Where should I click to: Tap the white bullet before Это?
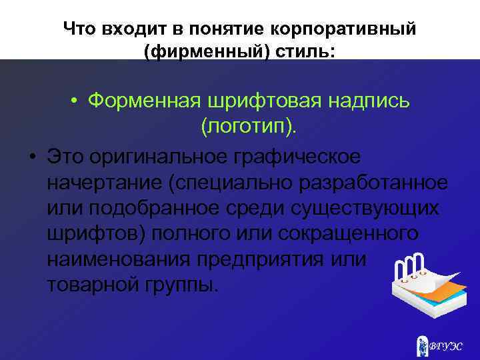click(x=32, y=157)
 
